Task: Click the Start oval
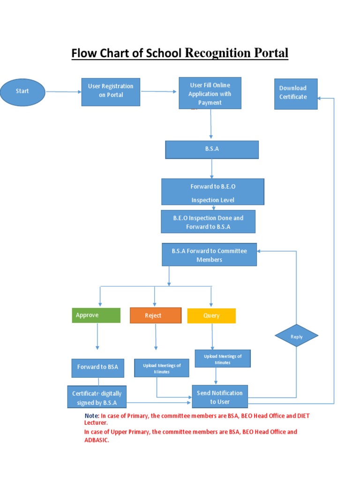(x=22, y=91)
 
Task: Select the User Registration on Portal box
(x=111, y=91)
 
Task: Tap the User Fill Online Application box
(x=210, y=93)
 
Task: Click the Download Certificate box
(x=296, y=93)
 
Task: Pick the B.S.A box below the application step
(x=212, y=150)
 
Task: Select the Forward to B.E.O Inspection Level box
(x=213, y=192)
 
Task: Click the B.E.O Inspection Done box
(x=208, y=222)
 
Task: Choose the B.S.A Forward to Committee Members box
(x=209, y=255)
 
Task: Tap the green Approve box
(x=96, y=315)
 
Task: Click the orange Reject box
(x=155, y=315)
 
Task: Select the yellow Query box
(x=211, y=315)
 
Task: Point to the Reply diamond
(x=296, y=336)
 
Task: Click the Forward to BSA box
(x=98, y=367)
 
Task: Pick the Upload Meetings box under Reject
(x=162, y=368)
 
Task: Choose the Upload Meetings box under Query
(x=223, y=359)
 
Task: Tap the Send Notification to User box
(x=220, y=397)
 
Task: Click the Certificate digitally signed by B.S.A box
(x=97, y=397)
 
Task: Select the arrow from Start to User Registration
(x=63, y=92)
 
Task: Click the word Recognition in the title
(x=217, y=53)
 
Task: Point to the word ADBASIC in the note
(x=96, y=440)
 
